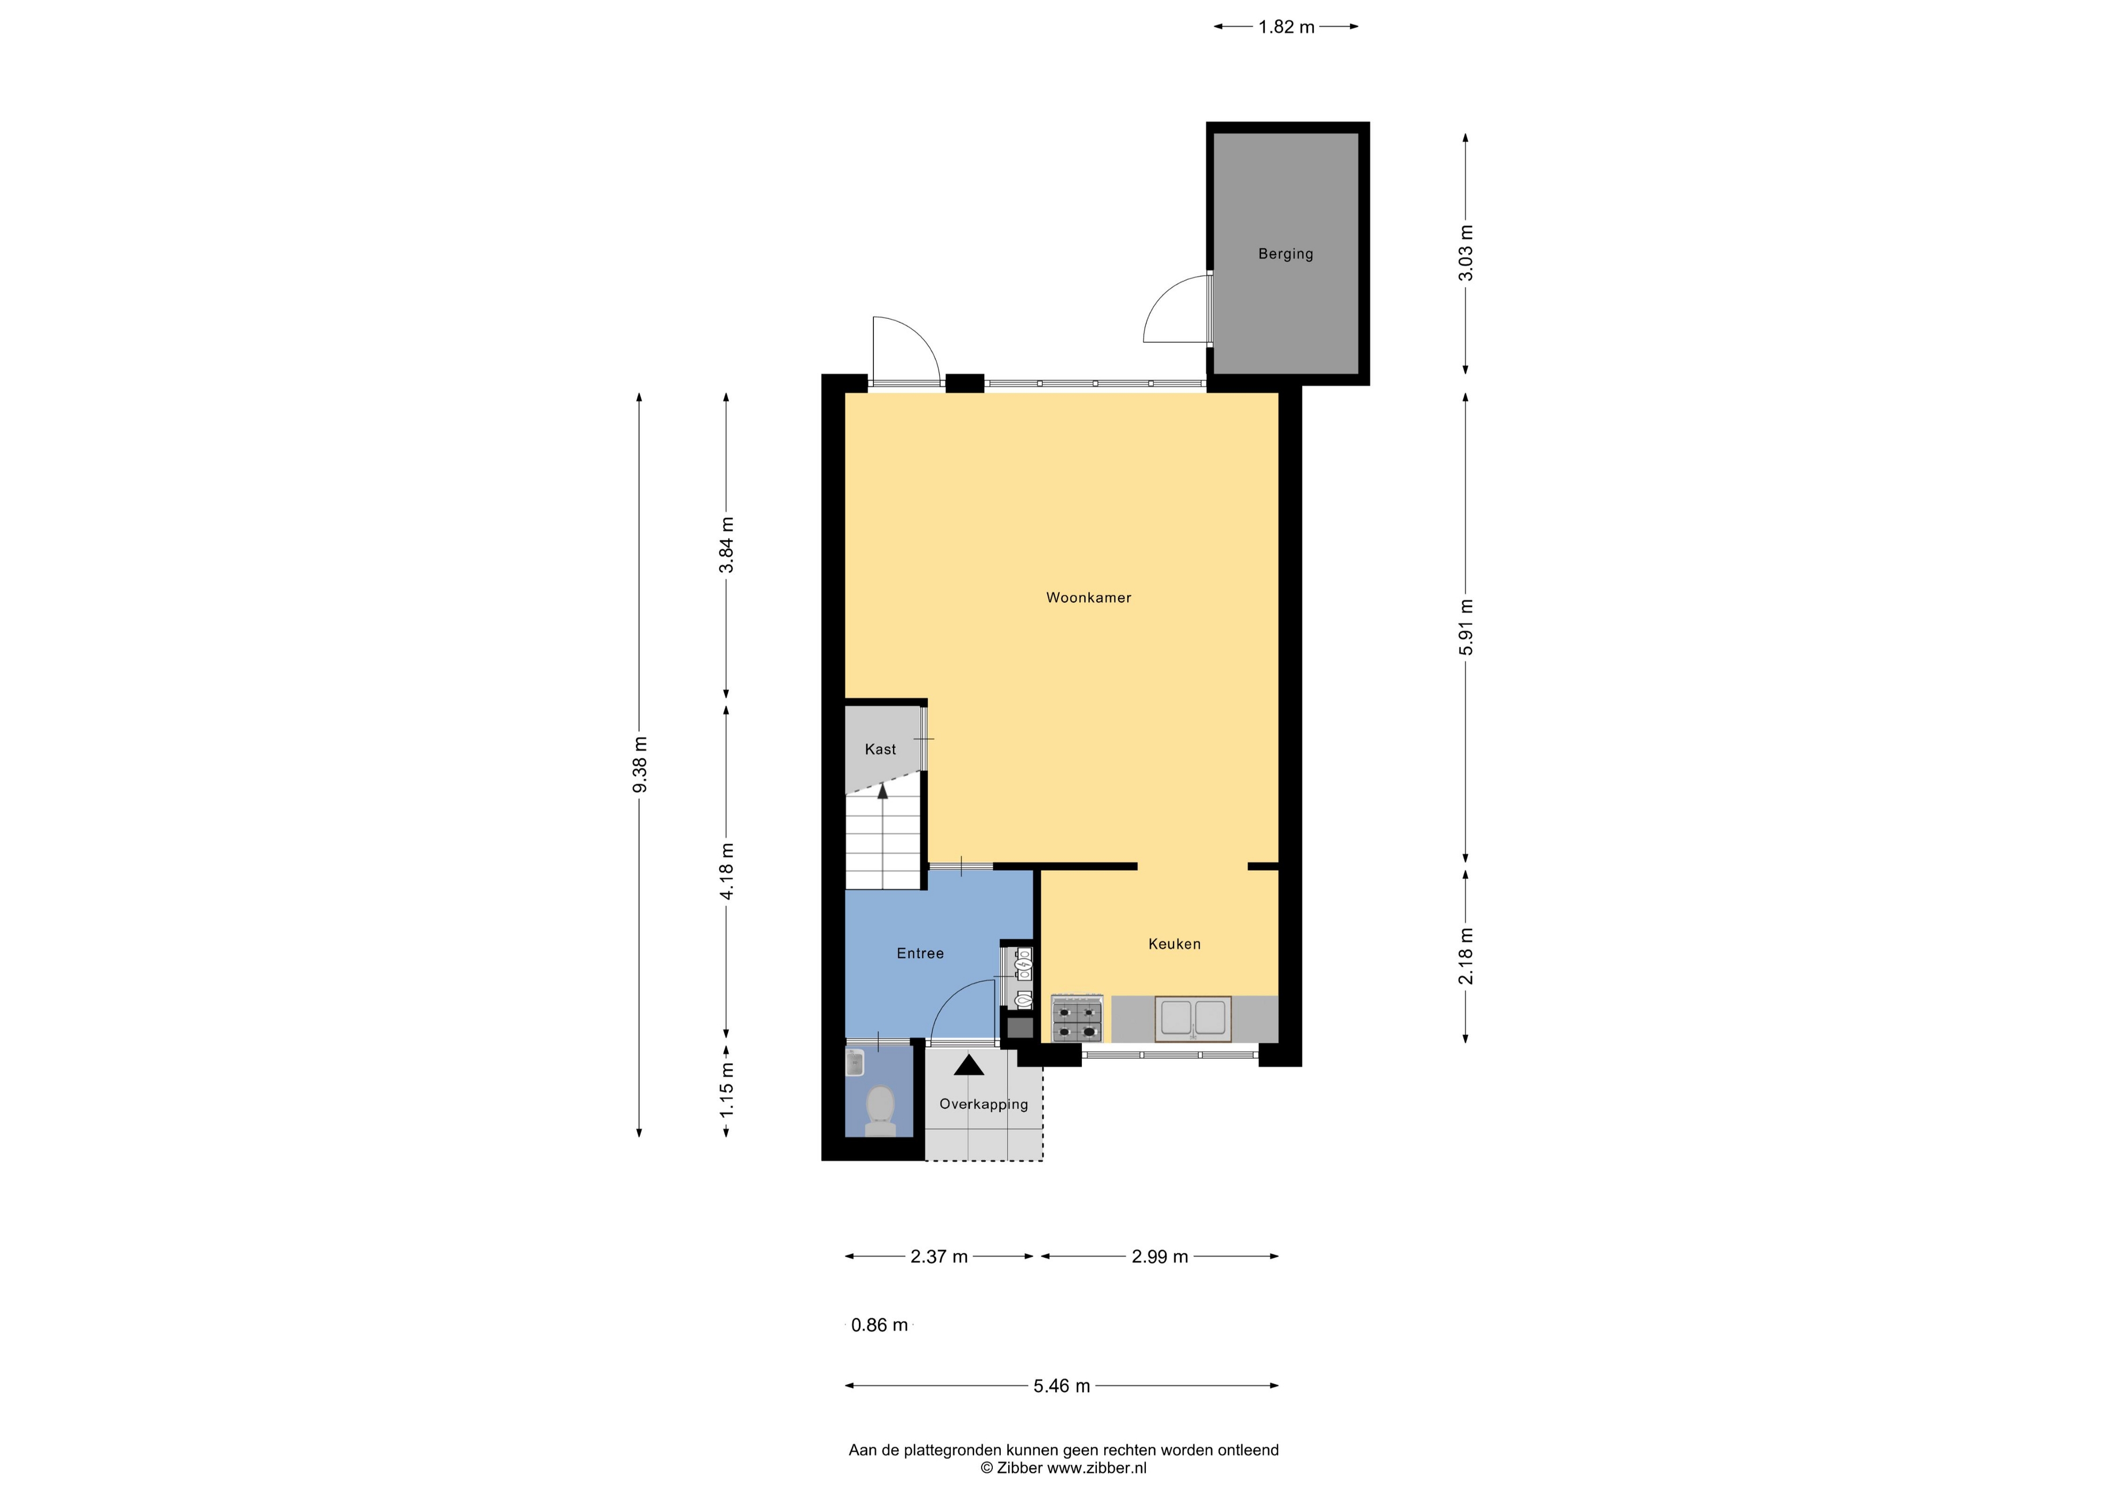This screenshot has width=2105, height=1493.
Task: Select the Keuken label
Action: click(x=1174, y=944)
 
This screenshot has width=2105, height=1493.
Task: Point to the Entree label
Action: click(x=920, y=953)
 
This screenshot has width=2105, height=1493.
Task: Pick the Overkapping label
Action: click(x=984, y=1104)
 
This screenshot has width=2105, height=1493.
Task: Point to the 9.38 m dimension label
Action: click(x=640, y=764)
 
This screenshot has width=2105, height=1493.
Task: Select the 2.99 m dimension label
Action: click(x=1160, y=1257)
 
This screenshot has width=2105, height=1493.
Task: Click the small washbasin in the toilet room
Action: click(x=855, y=1063)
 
